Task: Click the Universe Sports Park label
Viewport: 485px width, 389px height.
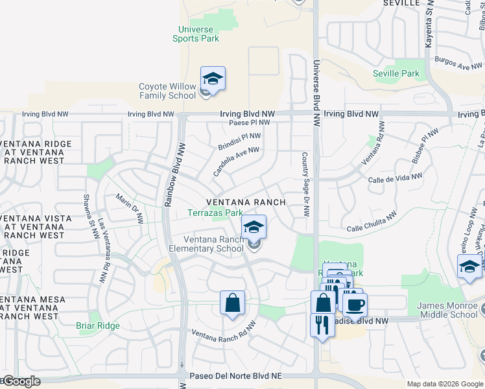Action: tap(195, 34)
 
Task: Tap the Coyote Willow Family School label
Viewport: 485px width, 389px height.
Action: tap(167, 91)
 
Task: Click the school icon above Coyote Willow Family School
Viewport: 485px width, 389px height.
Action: tap(213, 79)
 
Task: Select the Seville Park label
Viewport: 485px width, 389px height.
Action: tap(396, 73)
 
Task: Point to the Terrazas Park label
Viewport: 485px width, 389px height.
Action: tap(215, 213)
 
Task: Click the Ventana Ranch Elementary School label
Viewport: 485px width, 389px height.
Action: tap(204, 244)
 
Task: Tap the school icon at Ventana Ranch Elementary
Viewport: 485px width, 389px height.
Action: tap(254, 228)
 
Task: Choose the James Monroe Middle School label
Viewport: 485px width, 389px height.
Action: tap(447, 311)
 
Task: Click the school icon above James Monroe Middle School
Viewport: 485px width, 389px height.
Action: tap(469, 266)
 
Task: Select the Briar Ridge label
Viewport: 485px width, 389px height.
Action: tap(98, 325)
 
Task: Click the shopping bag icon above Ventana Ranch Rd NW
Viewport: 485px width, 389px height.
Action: tap(232, 303)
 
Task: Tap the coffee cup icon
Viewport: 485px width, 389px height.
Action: tap(355, 304)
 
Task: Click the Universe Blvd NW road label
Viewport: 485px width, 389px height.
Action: tap(316, 93)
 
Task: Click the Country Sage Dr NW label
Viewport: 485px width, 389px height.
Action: tap(305, 184)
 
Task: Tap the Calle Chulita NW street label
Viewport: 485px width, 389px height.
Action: tap(372, 223)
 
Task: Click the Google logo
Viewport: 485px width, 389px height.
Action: tap(21, 381)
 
